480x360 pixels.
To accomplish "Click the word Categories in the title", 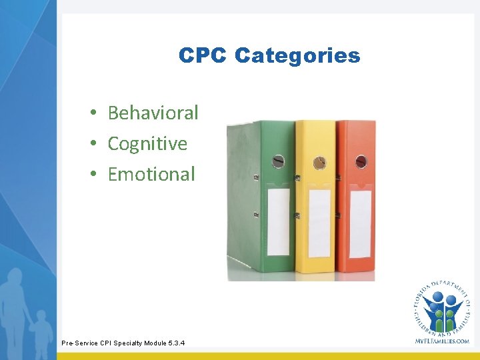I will (x=297, y=55).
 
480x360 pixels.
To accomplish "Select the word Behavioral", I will (x=153, y=113).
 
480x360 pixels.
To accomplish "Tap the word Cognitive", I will (x=147, y=143).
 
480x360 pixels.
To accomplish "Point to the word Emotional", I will (x=151, y=174).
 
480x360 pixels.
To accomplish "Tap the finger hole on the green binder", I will (x=278, y=161).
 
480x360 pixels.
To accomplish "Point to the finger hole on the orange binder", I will (x=361, y=161).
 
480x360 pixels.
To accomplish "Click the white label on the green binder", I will (x=278, y=221).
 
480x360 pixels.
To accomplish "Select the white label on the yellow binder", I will (x=319, y=223).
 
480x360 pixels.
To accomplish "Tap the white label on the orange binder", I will (x=360, y=223).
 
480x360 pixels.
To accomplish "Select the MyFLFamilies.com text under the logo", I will (x=442, y=341).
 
